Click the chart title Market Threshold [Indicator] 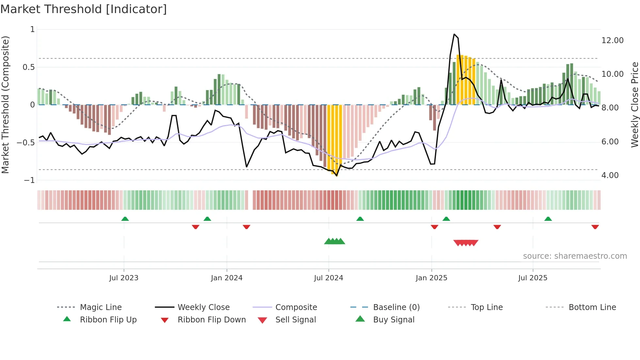click(x=84, y=9)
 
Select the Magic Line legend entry click(x=101, y=307)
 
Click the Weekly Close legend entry click(x=203, y=307)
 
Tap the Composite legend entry click(x=296, y=307)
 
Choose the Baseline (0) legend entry click(x=396, y=307)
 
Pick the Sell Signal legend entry click(x=295, y=320)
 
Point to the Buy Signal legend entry click(x=393, y=320)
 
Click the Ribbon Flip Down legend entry click(x=211, y=320)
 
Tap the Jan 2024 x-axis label click(x=227, y=278)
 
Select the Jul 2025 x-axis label click(x=533, y=278)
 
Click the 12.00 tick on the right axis click(x=612, y=41)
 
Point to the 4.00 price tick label click(x=610, y=175)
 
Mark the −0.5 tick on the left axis click(x=26, y=143)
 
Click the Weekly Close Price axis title click(x=634, y=105)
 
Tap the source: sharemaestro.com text click(x=575, y=256)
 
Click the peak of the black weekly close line click(x=454, y=34)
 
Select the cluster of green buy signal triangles click(x=334, y=241)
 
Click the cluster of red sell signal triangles click(x=466, y=243)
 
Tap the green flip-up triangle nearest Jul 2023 click(x=125, y=219)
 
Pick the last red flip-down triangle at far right click(x=595, y=227)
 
